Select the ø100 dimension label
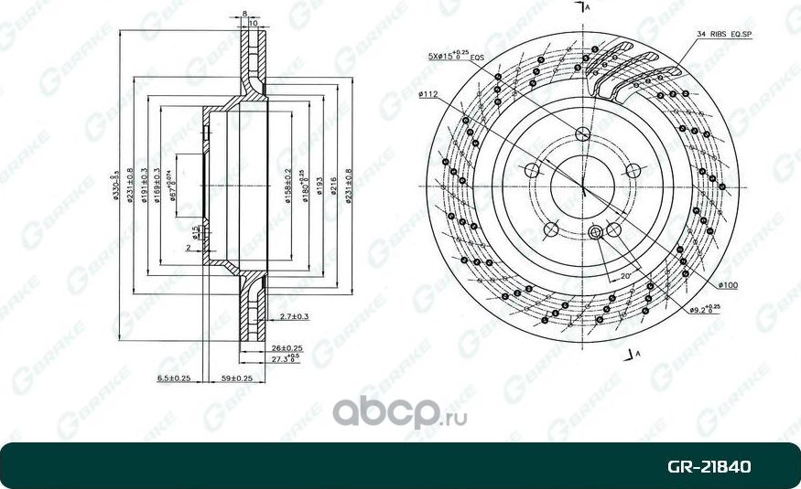tap(729, 285)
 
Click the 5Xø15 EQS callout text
tap(455, 57)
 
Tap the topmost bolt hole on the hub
tap(583, 134)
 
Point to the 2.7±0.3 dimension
tap(294, 316)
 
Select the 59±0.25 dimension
tap(236, 377)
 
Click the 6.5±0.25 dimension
tap(173, 377)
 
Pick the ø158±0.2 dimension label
tap(288, 186)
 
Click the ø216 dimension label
tap(334, 186)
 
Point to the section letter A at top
tap(589, 7)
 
